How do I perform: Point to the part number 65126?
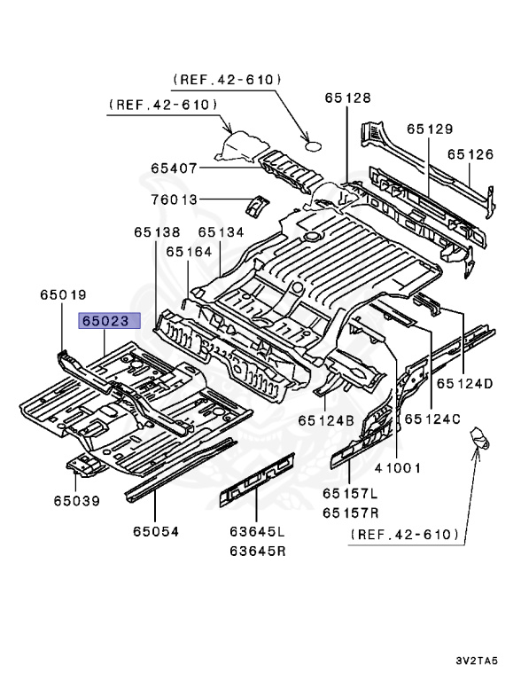pyautogui.click(x=470, y=154)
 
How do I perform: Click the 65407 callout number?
pyautogui.click(x=174, y=168)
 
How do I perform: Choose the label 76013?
pyautogui.click(x=174, y=200)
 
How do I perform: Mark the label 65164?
pyautogui.click(x=187, y=252)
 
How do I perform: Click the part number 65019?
pyautogui.click(x=62, y=294)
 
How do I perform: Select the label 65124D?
pyautogui.click(x=463, y=384)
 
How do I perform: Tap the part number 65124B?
pyautogui.click(x=326, y=420)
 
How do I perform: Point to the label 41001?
pyautogui.click(x=396, y=468)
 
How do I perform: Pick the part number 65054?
pyautogui.click(x=156, y=531)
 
